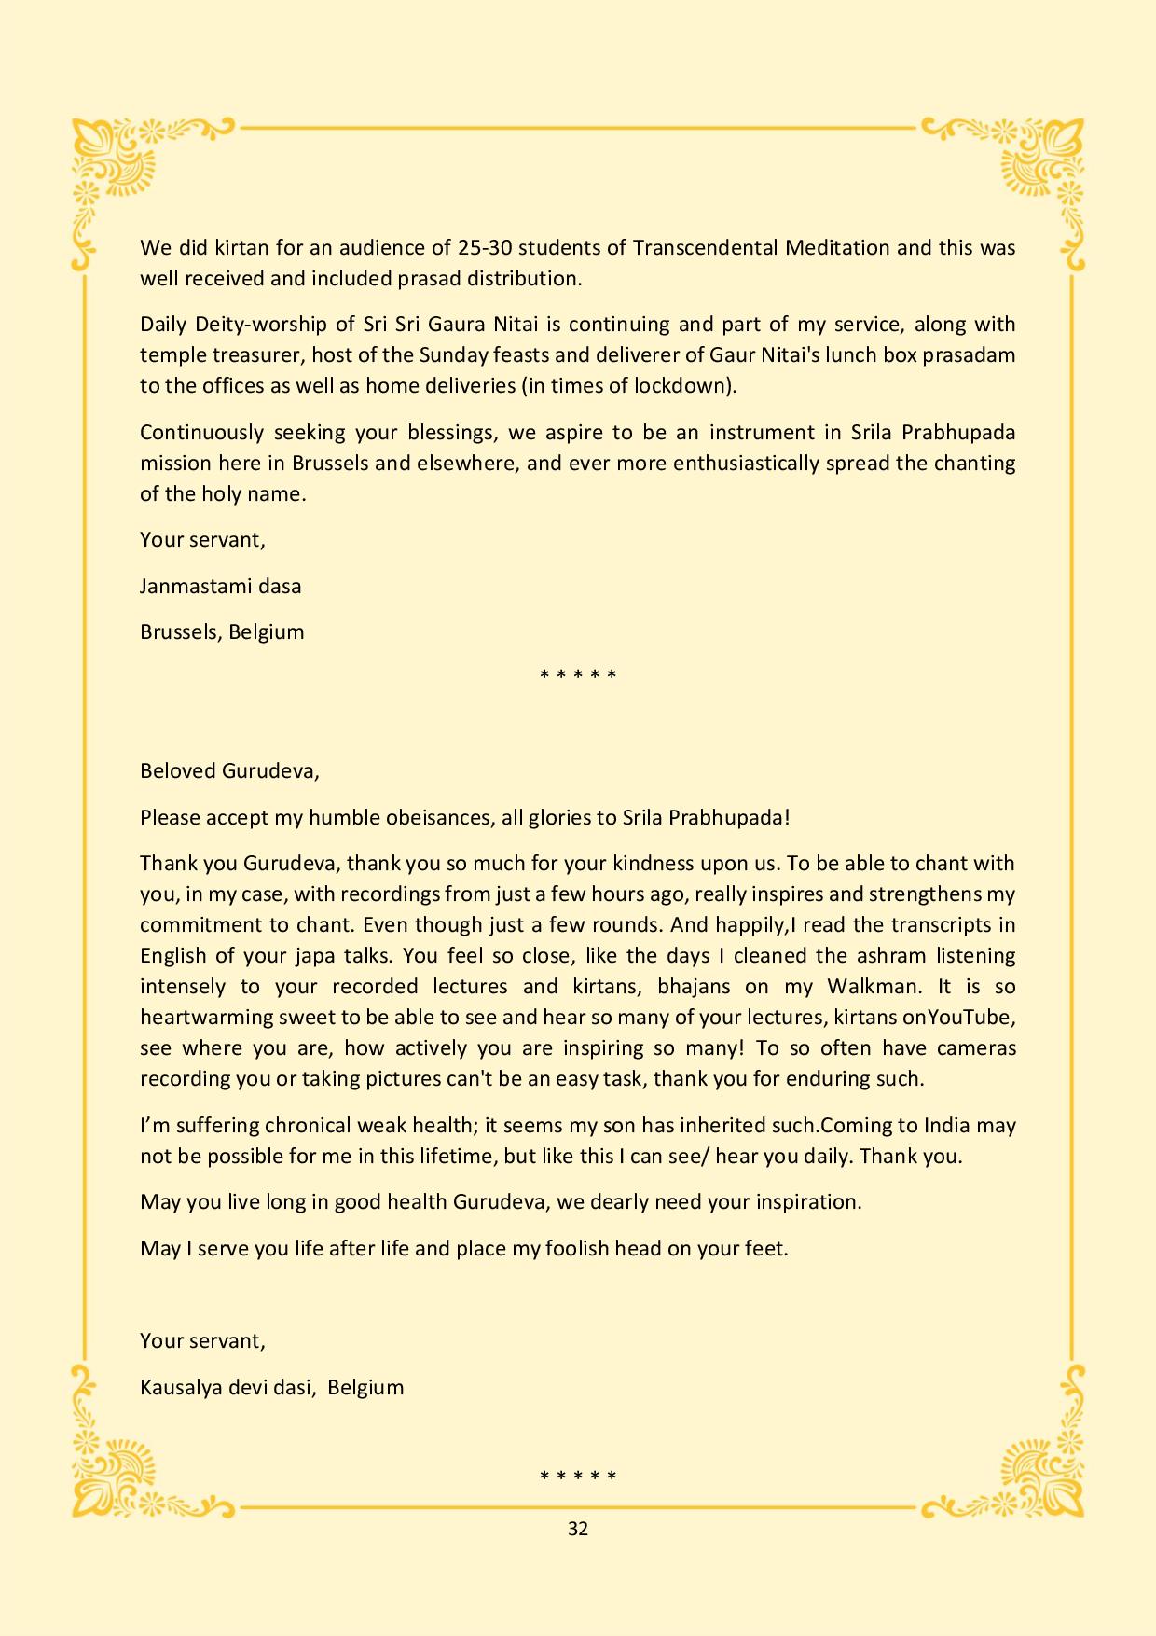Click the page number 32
[577, 1529]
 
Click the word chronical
[310, 1125]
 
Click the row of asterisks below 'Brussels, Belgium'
[578, 674]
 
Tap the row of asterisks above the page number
[578, 1477]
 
